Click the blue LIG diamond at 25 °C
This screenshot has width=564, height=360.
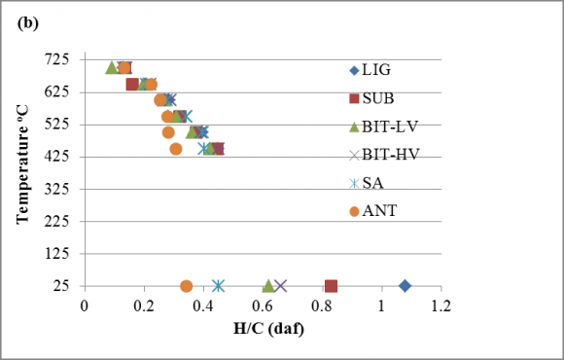pyautogui.click(x=405, y=286)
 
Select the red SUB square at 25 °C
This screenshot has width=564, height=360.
pyautogui.click(x=331, y=286)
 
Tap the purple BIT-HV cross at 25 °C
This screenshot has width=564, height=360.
pyautogui.click(x=281, y=286)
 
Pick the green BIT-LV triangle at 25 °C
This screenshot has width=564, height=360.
pyautogui.click(x=268, y=286)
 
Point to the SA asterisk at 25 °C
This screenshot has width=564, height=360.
pyautogui.click(x=218, y=286)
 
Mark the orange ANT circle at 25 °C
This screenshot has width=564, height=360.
pyautogui.click(x=186, y=286)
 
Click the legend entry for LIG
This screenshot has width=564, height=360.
pyautogui.click(x=370, y=70)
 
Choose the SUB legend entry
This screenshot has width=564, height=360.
pyautogui.click(x=371, y=98)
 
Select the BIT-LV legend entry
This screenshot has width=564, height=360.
pyautogui.click(x=383, y=126)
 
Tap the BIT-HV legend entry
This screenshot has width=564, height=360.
pyautogui.click(x=384, y=155)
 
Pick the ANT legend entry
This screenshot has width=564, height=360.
pyautogui.click(x=373, y=211)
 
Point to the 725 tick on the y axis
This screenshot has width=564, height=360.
pyautogui.click(x=56, y=59)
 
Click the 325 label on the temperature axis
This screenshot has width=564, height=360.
pyautogui.click(x=56, y=189)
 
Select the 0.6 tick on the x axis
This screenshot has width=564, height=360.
pyautogui.click(x=263, y=306)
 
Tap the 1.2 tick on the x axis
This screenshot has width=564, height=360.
pyautogui.click(x=441, y=306)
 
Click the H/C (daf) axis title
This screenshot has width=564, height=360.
pyautogui.click(x=268, y=328)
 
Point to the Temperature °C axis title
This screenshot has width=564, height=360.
pyautogui.click(x=22, y=164)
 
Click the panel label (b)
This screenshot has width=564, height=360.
pyautogui.click(x=27, y=23)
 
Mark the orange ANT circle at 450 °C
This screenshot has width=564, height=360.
pyautogui.click(x=176, y=149)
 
